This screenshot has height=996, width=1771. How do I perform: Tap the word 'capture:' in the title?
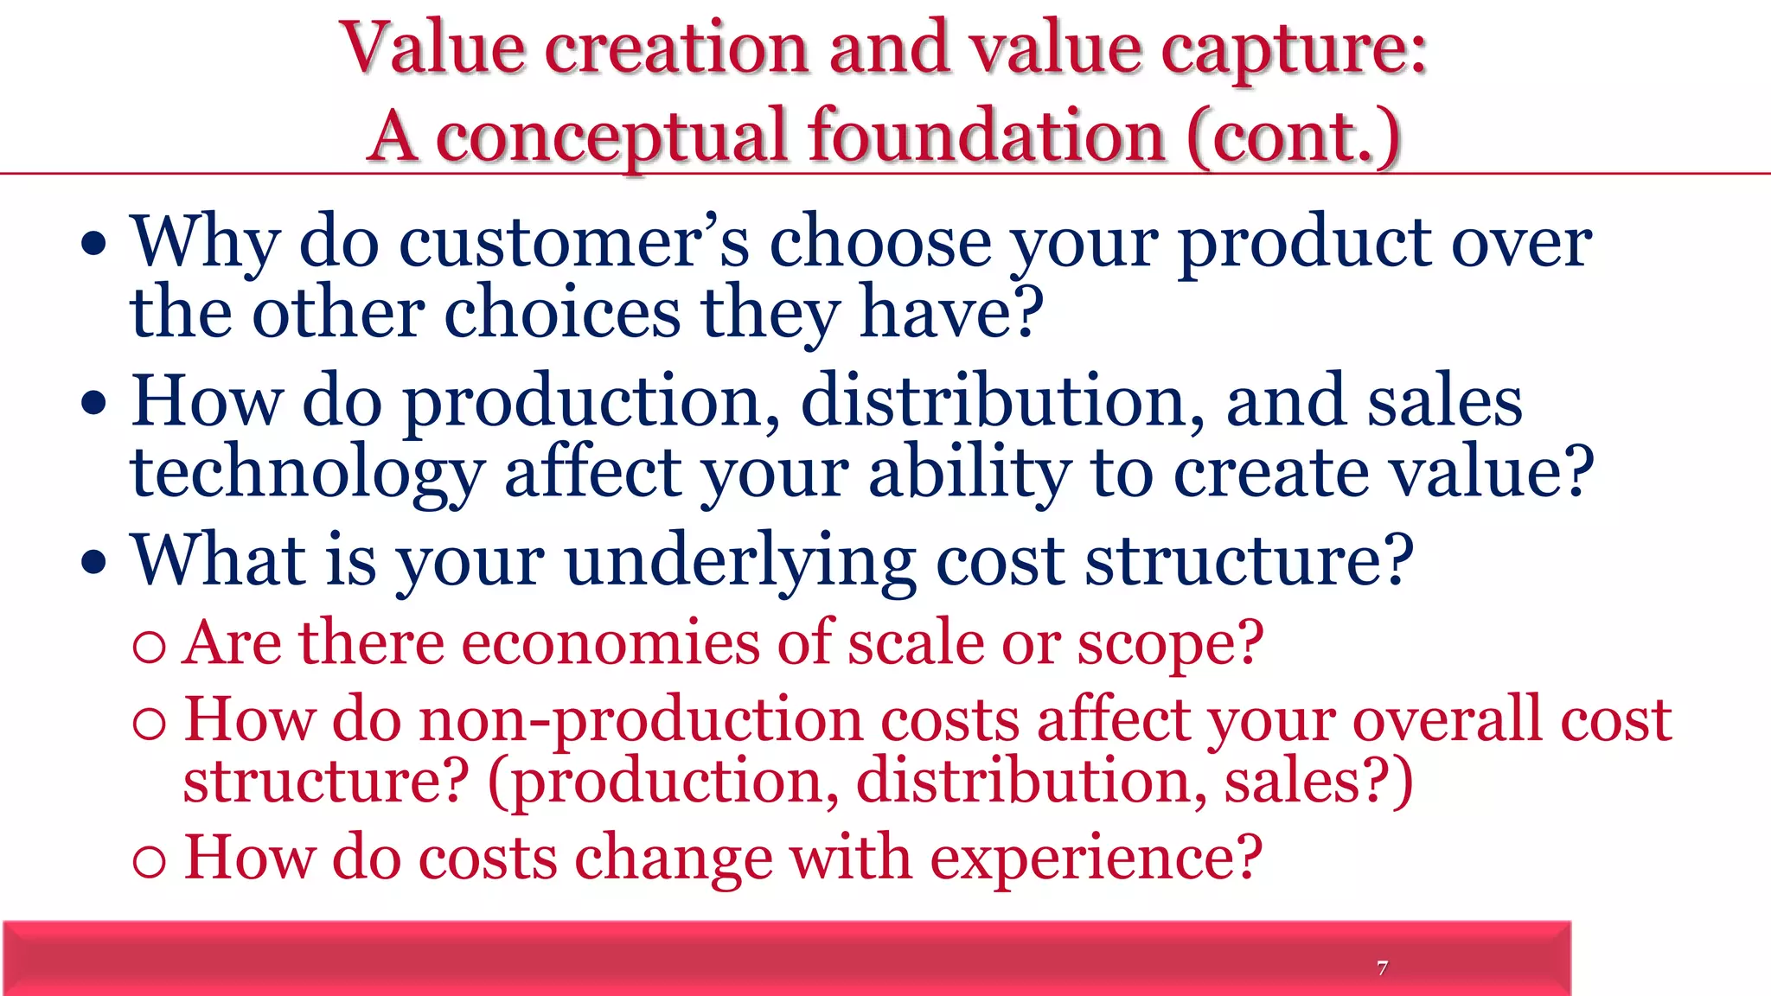coord(1294,50)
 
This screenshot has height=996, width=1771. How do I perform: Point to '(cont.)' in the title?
coord(1294,137)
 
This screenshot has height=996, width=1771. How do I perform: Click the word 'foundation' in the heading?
coord(986,136)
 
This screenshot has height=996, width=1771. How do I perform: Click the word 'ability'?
coord(969,474)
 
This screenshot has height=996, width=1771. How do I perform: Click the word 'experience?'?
coord(1096,859)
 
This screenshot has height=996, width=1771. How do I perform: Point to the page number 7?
coord(1382,967)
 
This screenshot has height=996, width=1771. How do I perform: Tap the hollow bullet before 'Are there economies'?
coord(150,647)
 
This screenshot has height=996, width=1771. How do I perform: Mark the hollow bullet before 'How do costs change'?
coord(150,860)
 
